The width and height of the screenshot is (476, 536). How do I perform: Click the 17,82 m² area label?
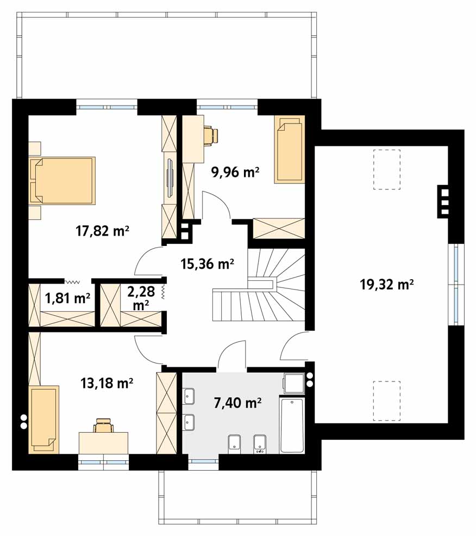pyautogui.click(x=102, y=231)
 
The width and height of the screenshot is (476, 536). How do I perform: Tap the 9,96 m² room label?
pyautogui.click(x=235, y=172)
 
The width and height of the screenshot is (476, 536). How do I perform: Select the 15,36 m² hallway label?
pyautogui.click(x=207, y=263)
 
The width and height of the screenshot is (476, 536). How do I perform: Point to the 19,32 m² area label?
pyautogui.click(x=387, y=284)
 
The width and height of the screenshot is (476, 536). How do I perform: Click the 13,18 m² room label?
pyautogui.click(x=107, y=383)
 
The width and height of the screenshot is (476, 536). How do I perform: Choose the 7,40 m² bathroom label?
pyautogui.click(x=237, y=403)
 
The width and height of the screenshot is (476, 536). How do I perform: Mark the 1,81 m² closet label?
pyautogui.click(x=67, y=298)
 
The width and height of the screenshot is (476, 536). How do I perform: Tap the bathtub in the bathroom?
pyautogui.click(x=292, y=425)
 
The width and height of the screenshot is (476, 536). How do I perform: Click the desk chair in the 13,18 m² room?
pyautogui.click(x=103, y=426)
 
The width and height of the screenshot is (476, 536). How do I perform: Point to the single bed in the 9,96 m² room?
pyautogui.click(x=289, y=150)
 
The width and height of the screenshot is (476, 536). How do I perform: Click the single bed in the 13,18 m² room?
pyautogui.click(x=44, y=420)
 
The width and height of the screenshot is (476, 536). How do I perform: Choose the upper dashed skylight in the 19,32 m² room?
pyautogui.click(x=386, y=170)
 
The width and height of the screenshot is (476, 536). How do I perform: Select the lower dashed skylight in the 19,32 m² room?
pyautogui.click(x=386, y=401)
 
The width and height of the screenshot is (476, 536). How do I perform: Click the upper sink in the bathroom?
pyautogui.click(x=189, y=396)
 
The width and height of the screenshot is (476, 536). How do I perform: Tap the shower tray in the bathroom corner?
pyautogui.click(x=293, y=384)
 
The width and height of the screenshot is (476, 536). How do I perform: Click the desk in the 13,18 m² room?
pyautogui.click(x=103, y=443)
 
